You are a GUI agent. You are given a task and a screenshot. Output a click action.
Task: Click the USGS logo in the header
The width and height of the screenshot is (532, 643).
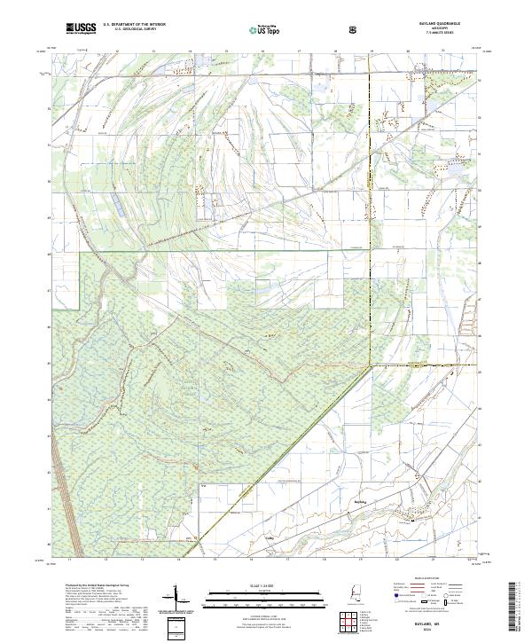[x=80, y=29]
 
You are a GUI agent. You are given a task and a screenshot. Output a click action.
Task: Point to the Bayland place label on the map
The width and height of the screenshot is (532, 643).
[x=360, y=501]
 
